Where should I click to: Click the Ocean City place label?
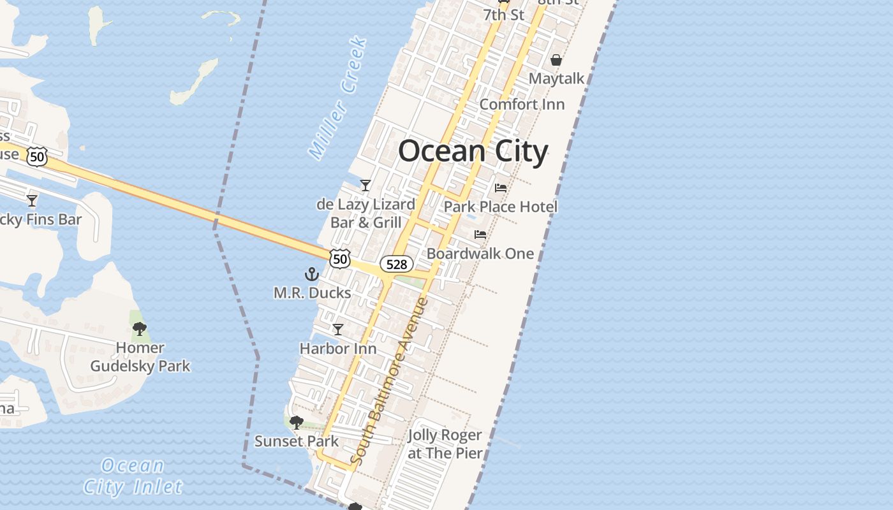(473, 152)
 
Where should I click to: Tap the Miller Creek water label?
(338, 98)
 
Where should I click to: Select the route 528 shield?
(397, 264)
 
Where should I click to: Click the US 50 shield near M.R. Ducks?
(341, 259)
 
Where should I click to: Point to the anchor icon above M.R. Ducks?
(311, 275)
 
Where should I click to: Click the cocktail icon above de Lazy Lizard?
(365, 186)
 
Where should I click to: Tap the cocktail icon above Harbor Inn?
(338, 330)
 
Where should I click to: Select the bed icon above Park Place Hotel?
(501, 188)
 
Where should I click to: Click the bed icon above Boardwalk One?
(480, 235)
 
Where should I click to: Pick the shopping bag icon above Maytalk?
(556, 61)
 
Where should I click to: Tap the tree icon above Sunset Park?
(296, 422)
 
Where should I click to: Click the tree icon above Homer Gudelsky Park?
(140, 329)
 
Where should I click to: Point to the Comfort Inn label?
(522, 104)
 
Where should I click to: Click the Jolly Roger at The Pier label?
(445, 445)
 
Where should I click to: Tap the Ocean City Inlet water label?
(133, 477)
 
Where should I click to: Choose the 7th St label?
(503, 15)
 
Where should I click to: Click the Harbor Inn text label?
(338, 349)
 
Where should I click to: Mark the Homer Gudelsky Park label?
(140, 357)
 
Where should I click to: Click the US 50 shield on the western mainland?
(38, 156)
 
